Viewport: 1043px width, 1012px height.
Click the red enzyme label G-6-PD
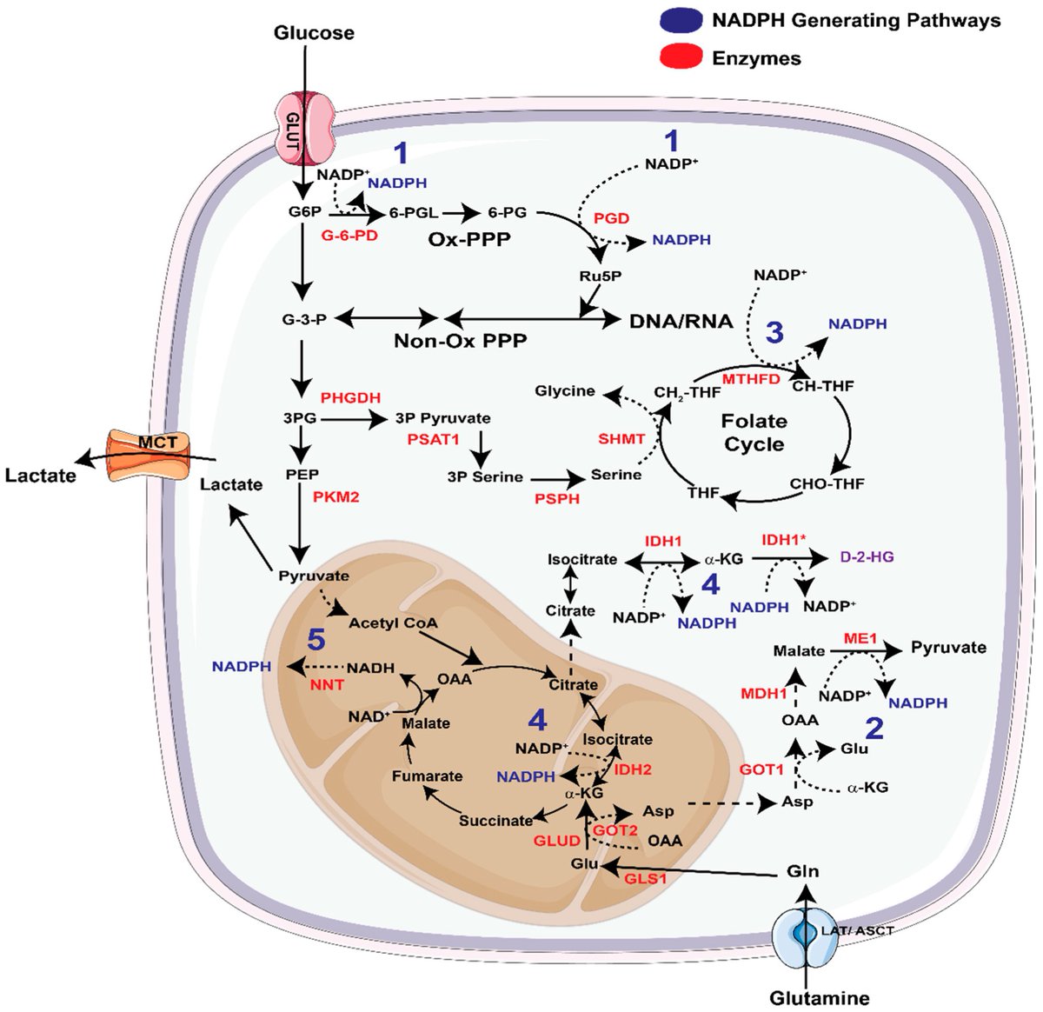349,236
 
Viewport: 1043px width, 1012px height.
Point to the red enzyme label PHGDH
350,397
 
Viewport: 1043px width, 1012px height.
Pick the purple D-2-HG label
867,557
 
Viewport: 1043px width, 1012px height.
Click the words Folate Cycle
754,432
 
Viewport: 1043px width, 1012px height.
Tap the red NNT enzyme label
327,684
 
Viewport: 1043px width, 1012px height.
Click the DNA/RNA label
681,321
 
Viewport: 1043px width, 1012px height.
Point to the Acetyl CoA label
393,623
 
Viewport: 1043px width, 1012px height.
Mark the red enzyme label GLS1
646,878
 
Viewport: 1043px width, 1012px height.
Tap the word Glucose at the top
314,33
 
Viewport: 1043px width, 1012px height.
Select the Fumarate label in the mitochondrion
427,776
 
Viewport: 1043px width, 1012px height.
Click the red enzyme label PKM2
335,497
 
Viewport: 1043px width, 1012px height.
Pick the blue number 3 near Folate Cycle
774,332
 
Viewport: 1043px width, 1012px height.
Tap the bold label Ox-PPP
468,240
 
